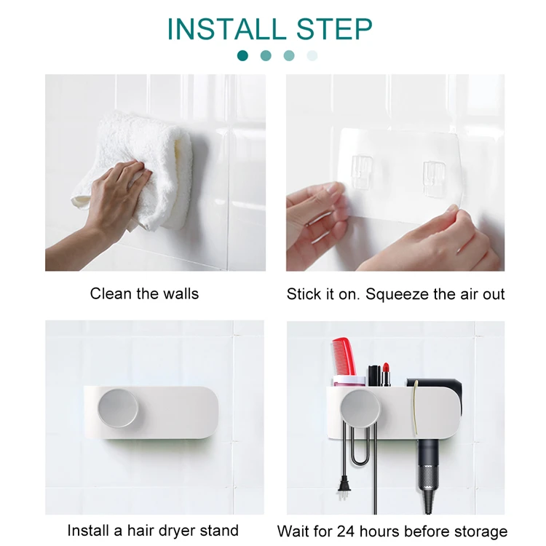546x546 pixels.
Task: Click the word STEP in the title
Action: [x=334, y=29]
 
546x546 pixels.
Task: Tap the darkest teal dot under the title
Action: [x=242, y=56]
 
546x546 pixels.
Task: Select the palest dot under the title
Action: [x=312, y=56]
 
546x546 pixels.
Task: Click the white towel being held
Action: [x=139, y=170]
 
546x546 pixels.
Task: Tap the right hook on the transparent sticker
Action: [x=434, y=178]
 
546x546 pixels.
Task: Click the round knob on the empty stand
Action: [x=118, y=408]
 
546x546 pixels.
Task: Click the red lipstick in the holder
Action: [x=385, y=374]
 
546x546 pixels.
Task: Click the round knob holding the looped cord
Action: [x=360, y=409]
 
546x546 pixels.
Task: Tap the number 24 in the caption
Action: [x=346, y=531]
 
